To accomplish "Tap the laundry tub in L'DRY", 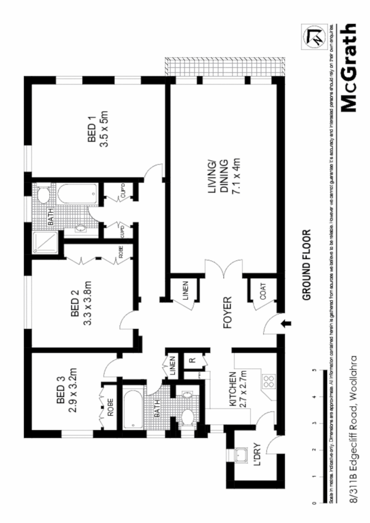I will (x=241, y=455).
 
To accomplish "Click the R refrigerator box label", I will (x=192, y=360).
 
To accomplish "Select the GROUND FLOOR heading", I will (x=307, y=264).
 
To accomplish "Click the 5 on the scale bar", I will (x=314, y=371).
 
